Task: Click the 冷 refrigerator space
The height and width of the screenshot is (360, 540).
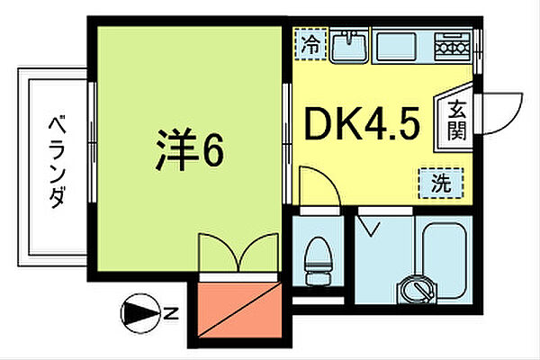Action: [310, 42]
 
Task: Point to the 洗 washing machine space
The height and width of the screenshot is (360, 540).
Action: [440, 184]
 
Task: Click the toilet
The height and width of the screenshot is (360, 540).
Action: [317, 257]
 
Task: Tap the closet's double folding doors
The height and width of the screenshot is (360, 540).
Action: [238, 252]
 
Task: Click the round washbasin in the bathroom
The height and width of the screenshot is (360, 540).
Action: [418, 288]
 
